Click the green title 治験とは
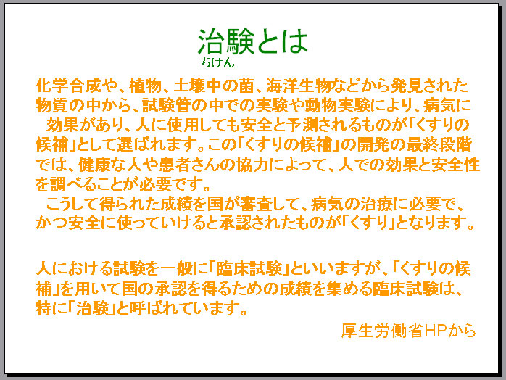click(253, 41)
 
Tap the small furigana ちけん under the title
click(217, 62)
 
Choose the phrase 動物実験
click(338, 105)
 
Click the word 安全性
click(456, 165)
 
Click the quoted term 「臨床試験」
click(249, 268)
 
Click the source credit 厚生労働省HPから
click(409, 330)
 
